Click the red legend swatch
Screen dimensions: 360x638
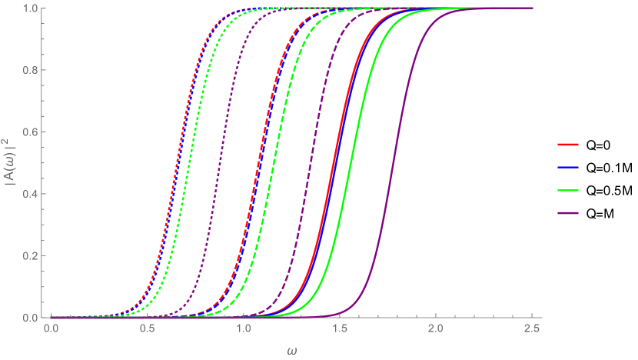pos(568,144)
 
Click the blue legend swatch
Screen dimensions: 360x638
pos(568,167)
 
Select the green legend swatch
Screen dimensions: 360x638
pos(568,190)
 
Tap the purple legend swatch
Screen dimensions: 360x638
pos(568,213)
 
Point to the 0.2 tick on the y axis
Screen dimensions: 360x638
pos(32,255)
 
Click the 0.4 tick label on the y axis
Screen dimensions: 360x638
pos(32,194)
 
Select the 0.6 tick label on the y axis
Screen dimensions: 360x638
pos(32,132)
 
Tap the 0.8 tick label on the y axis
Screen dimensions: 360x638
pos(32,70)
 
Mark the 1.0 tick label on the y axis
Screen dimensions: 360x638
pos(32,8)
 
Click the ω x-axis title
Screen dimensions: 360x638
pos(292,351)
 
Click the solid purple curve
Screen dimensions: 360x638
pos(397,162)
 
